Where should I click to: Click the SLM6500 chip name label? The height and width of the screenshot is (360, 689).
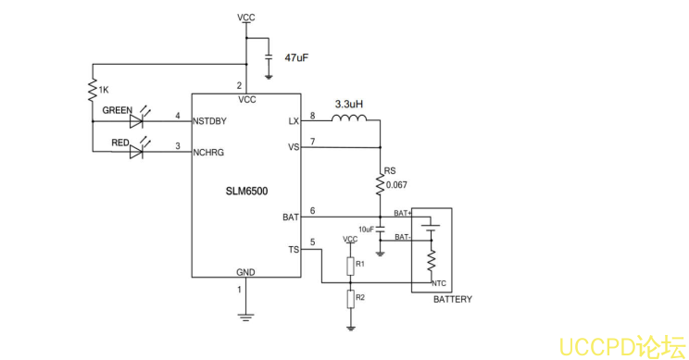point(246,191)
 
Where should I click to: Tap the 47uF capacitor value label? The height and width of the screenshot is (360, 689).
point(296,57)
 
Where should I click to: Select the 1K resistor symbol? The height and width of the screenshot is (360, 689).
point(93,90)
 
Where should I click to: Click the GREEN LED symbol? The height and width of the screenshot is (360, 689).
point(139,120)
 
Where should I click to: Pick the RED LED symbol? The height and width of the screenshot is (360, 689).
point(139,151)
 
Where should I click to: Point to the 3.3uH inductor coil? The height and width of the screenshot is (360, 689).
point(349,118)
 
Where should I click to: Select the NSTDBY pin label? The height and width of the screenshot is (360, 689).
point(210,121)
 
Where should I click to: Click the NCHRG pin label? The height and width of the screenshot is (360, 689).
point(208,152)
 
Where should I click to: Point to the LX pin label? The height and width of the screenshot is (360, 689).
point(294,121)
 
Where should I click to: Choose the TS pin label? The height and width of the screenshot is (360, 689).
point(294,250)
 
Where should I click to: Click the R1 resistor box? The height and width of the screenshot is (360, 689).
point(351,267)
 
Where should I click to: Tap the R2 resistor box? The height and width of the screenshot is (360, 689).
point(351,298)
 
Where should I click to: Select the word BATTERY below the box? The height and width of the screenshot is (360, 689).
point(452,300)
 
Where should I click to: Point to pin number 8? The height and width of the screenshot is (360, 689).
point(312,115)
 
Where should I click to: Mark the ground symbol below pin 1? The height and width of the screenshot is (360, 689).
point(245,316)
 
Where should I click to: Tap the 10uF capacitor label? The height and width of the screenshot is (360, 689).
point(366,229)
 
